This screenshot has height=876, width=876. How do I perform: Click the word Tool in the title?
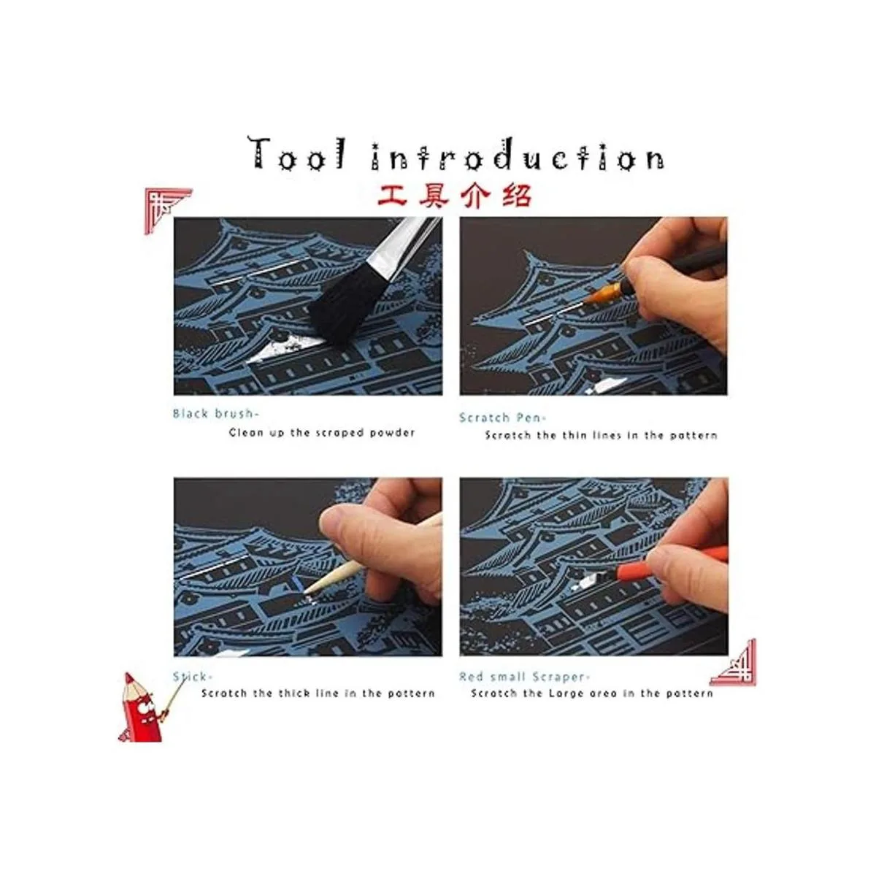(296, 153)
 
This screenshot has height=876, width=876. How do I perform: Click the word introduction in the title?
(518, 155)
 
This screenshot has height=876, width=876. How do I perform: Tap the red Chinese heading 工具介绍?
(455, 196)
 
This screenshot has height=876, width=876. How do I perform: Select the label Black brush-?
(215, 414)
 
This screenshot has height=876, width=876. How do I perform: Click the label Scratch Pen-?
(503, 418)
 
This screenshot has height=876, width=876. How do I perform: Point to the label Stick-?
(192, 677)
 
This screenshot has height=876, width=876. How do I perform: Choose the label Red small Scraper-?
(525, 677)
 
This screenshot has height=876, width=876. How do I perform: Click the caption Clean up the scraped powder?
(322, 432)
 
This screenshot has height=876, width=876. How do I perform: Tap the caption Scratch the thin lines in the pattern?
(601, 436)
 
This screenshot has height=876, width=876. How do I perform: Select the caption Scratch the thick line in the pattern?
(318, 693)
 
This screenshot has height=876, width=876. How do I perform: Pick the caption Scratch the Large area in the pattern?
(592, 693)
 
